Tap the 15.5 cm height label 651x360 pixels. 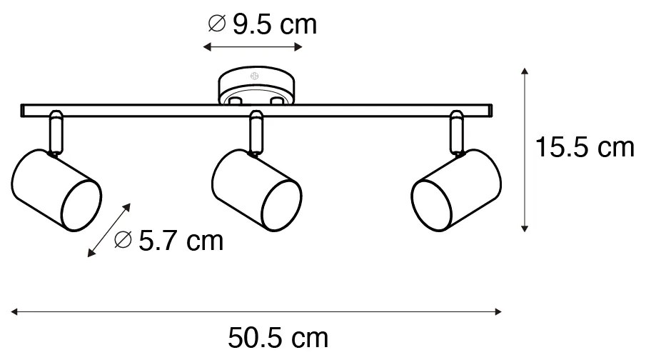(x=585, y=147)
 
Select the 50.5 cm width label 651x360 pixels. (x=278, y=338)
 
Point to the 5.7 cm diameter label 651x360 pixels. (x=169, y=241)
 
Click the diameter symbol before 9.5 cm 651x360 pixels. (x=216, y=24)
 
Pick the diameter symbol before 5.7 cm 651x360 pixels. (x=123, y=239)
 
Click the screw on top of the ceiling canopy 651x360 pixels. (x=255, y=76)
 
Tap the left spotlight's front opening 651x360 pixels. (x=81, y=206)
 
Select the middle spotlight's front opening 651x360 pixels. (x=281, y=206)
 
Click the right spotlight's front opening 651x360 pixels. (x=432, y=206)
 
